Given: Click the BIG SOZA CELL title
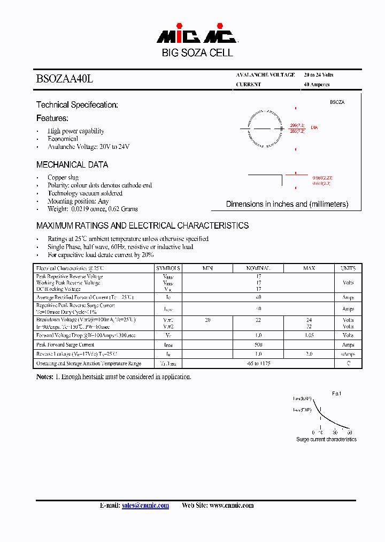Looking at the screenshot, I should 197,53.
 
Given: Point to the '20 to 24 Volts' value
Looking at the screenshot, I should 318,75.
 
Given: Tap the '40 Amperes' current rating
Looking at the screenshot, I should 317,85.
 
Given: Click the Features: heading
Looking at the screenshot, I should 52,118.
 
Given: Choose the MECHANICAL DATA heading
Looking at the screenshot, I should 72,164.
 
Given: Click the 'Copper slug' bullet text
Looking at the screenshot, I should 63,177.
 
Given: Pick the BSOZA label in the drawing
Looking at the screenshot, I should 337,102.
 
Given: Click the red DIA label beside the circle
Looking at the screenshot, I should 314,127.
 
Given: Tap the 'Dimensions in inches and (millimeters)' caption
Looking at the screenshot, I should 287,204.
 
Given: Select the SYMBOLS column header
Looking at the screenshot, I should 168,268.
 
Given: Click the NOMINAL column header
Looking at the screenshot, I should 258,268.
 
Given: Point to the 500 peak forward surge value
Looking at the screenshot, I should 258,345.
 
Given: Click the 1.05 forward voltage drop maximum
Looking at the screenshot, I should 309,335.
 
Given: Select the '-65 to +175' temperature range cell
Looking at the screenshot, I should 258,364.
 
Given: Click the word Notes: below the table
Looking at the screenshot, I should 44,377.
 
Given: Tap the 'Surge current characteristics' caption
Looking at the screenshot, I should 326,439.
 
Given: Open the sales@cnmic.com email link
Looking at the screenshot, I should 145,506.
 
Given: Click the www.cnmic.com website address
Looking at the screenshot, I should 231,506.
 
